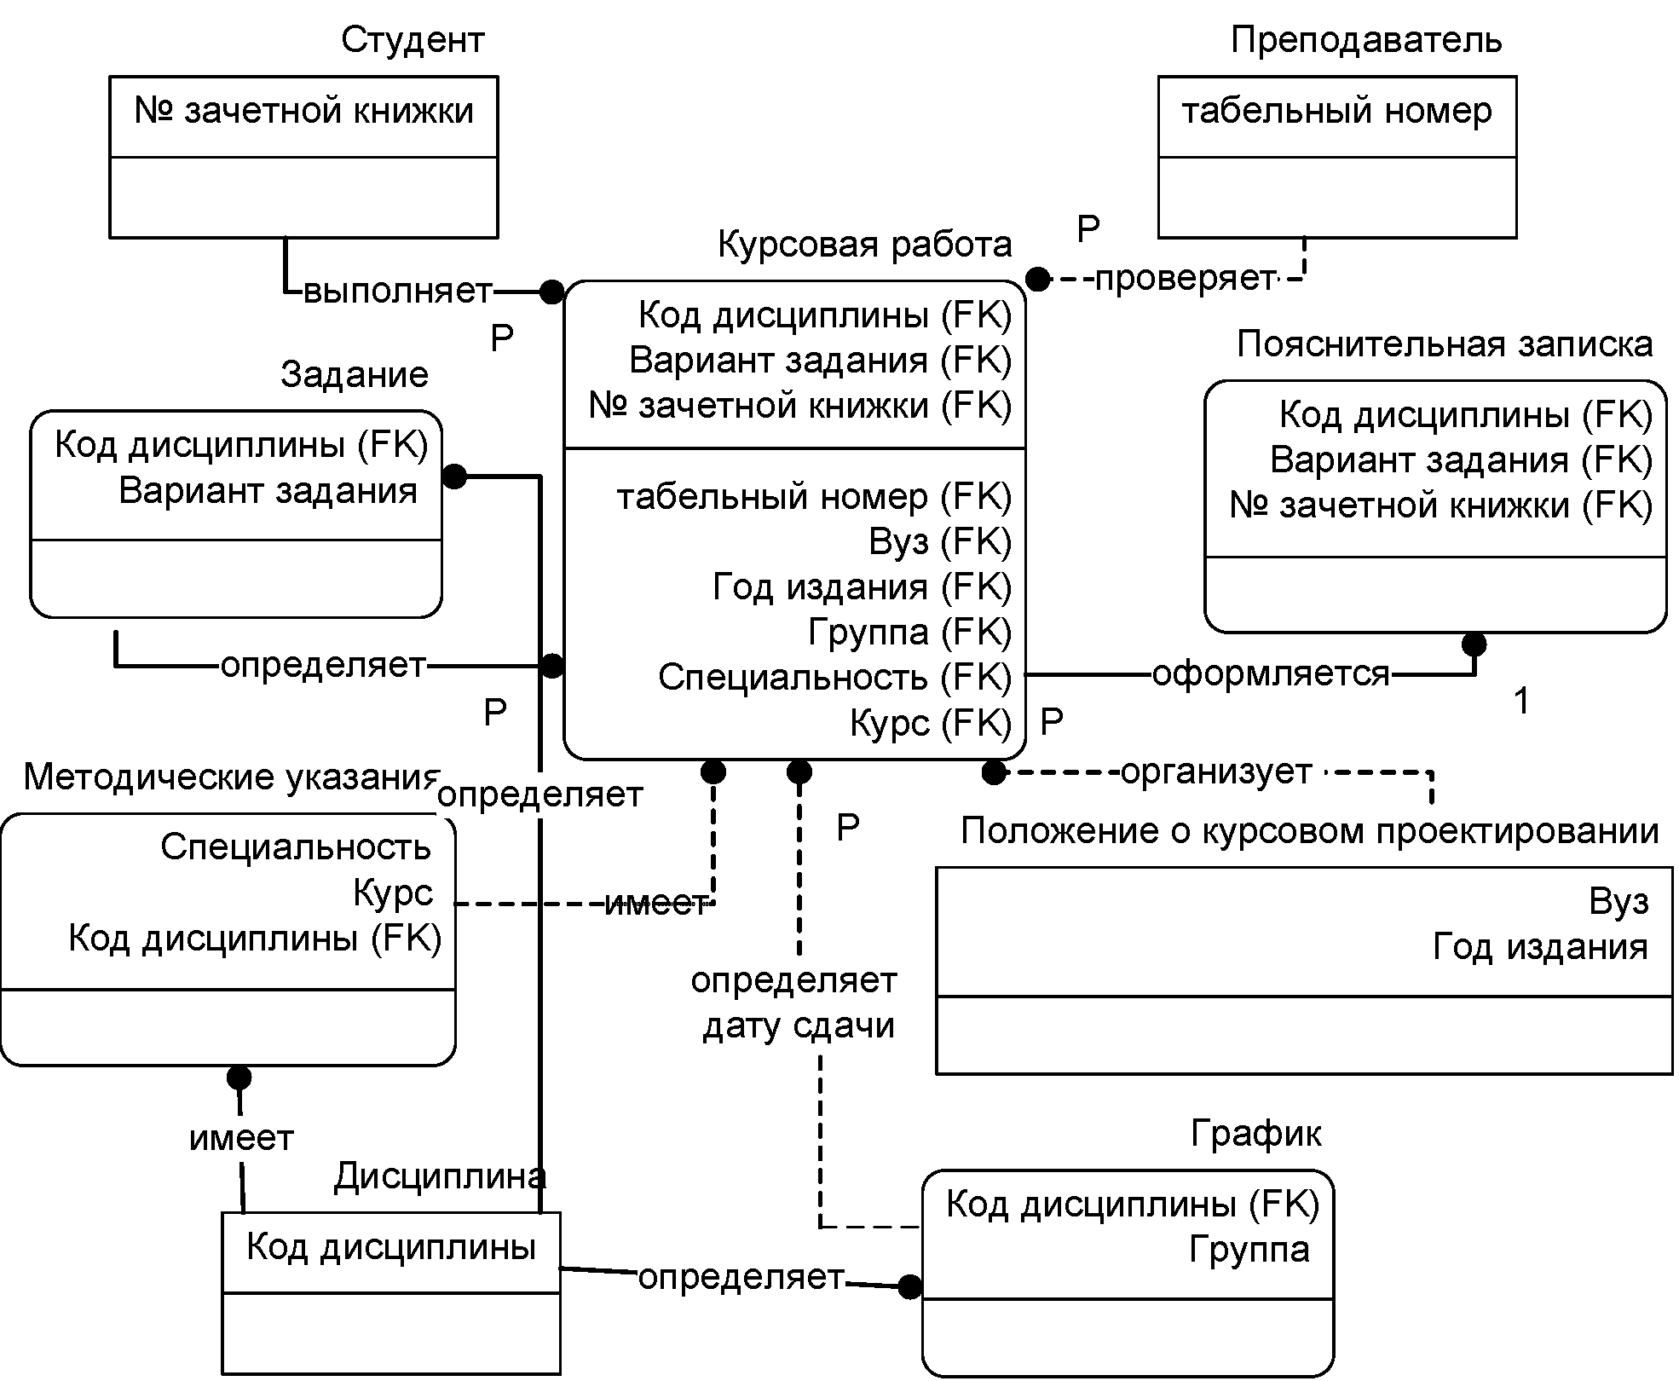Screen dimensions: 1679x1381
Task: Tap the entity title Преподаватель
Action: (1366, 41)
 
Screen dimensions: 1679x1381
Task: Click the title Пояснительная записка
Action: (1445, 344)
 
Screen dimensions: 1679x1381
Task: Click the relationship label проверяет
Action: (1185, 279)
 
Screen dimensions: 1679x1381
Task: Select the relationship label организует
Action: (1216, 772)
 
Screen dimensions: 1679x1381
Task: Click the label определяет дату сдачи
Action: (794, 1003)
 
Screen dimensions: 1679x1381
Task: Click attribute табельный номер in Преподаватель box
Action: (1336, 112)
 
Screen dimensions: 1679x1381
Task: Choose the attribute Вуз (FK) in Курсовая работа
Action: (940, 542)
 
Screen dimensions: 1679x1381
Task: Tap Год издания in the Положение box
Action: (1540, 947)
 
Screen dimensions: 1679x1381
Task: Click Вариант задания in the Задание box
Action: (268, 492)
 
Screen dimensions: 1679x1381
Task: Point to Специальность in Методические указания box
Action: (296, 847)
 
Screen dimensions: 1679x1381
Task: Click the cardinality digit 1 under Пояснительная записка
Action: (1521, 702)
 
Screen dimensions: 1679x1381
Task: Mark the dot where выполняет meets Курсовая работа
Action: (552, 292)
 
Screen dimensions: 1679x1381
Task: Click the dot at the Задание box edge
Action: (454, 476)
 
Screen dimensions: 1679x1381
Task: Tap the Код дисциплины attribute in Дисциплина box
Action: (391, 1248)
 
